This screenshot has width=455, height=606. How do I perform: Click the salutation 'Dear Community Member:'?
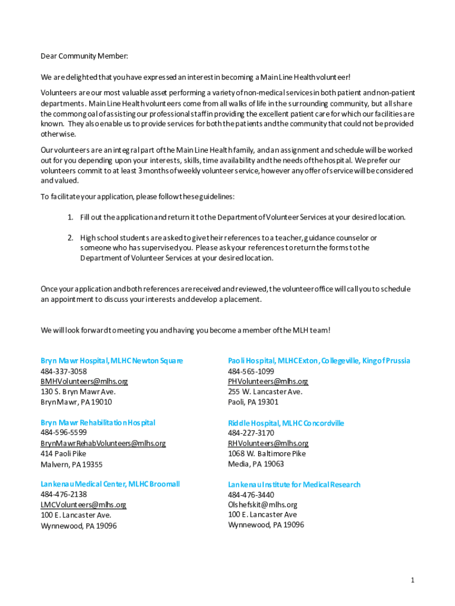(84, 56)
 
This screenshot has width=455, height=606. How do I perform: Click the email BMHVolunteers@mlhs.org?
(84, 381)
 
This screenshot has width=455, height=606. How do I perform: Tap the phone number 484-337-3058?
(63, 371)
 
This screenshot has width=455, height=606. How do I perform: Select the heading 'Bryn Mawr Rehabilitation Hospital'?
(98, 423)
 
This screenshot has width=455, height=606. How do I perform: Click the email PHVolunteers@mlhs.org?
(268, 381)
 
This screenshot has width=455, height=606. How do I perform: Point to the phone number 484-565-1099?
(251, 371)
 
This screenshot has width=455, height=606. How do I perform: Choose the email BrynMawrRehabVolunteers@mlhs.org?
(103, 443)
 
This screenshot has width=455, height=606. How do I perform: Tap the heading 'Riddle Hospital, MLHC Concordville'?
(286, 423)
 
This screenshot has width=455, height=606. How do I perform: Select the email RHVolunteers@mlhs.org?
(268, 443)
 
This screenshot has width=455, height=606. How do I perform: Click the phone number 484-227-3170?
(251, 433)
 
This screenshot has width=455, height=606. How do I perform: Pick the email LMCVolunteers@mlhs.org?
(83, 505)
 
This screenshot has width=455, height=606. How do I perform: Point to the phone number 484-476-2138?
(63, 494)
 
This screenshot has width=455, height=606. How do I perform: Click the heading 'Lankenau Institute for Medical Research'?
(294, 485)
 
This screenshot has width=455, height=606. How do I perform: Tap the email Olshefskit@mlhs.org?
(262, 505)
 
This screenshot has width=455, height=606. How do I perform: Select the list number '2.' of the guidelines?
(70, 237)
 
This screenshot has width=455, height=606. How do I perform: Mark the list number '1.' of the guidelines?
(70, 217)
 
